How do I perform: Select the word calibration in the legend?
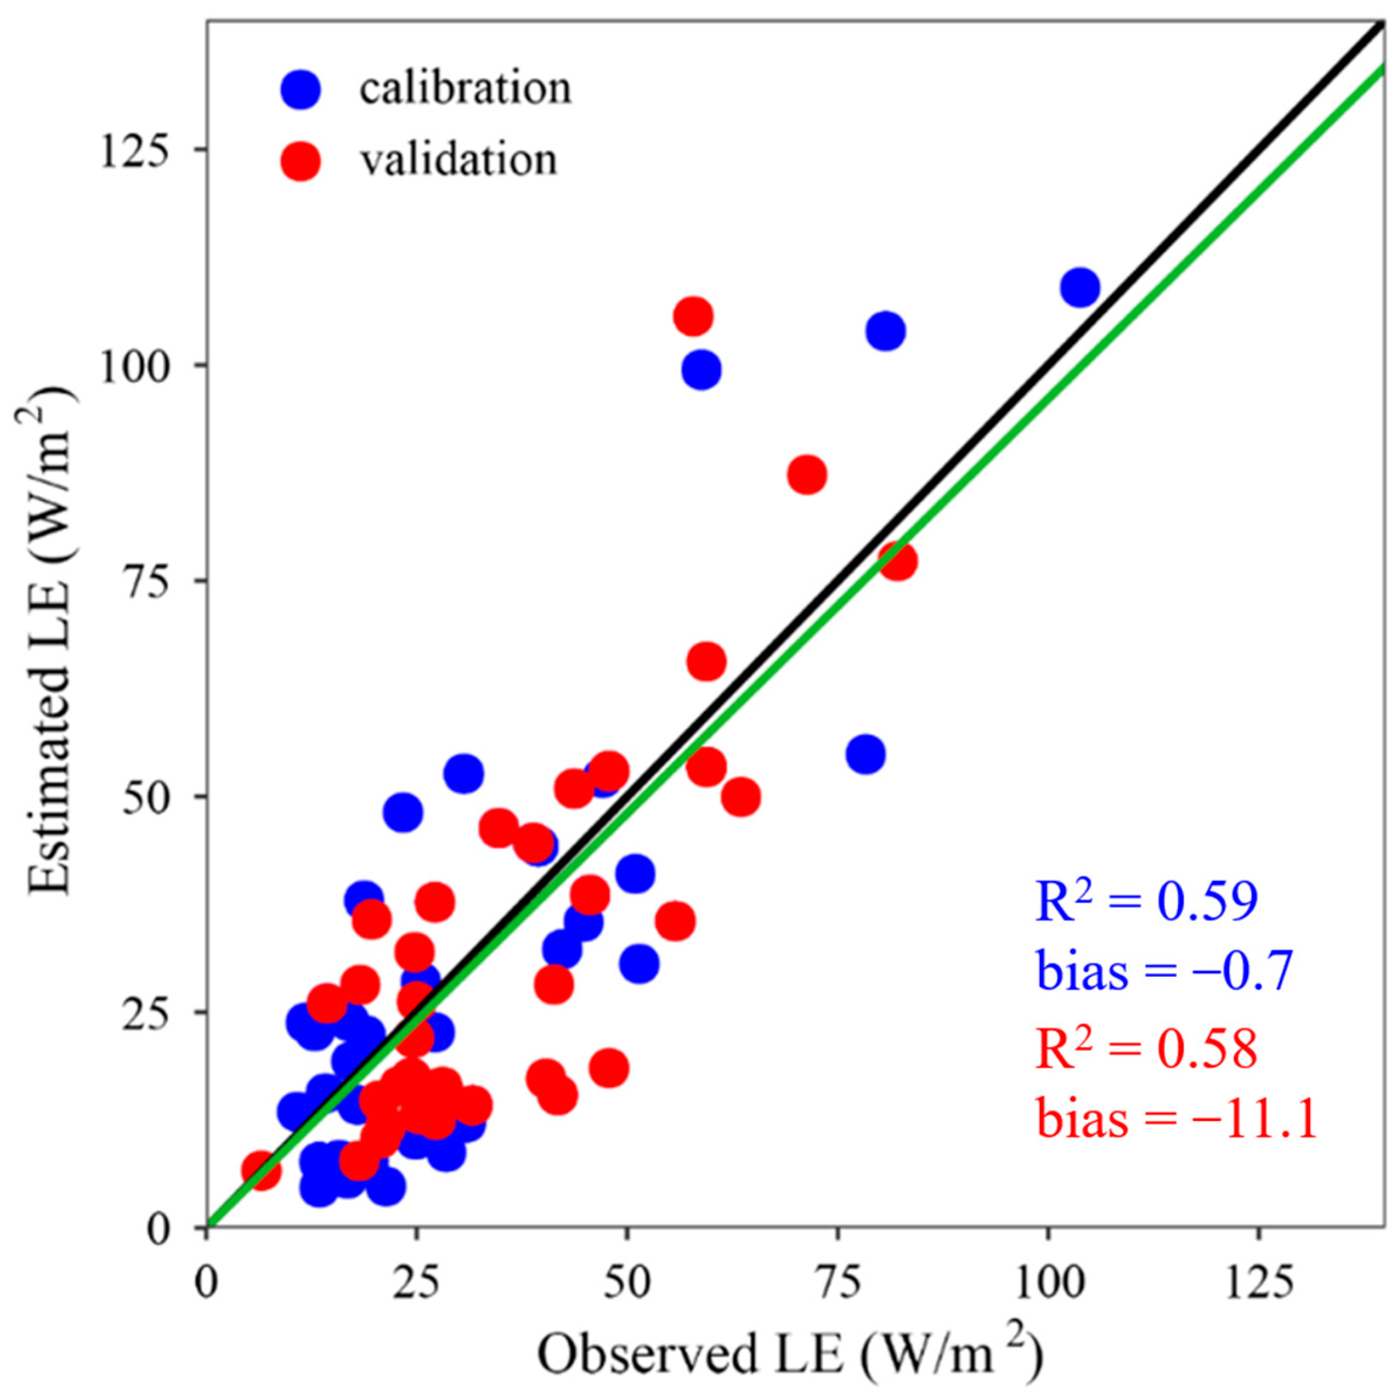click(x=465, y=88)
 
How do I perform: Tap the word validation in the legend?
click(x=459, y=159)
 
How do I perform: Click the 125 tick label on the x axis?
click(x=1257, y=1284)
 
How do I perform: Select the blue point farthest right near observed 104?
click(x=1080, y=288)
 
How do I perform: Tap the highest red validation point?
click(x=693, y=317)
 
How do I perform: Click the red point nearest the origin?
click(x=261, y=1171)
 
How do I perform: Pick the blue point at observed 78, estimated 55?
click(x=865, y=755)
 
